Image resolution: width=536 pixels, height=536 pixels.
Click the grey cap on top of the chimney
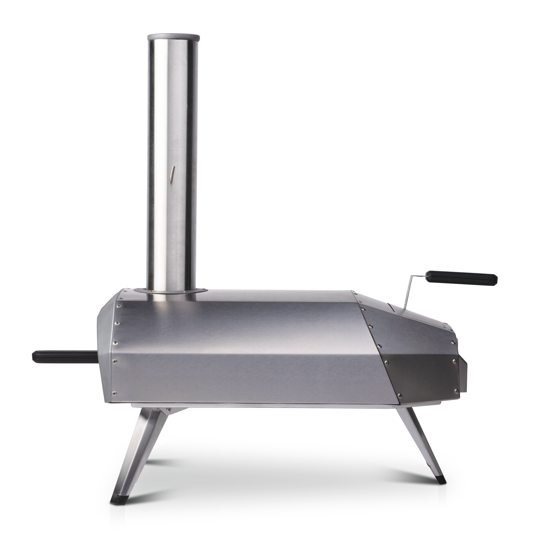pyautogui.click(x=174, y=38)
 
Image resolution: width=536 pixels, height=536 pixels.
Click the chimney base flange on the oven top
pyautogui.click(x=170, y=291)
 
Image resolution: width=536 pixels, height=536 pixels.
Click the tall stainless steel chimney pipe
pyautogui.click(x=173, y=166)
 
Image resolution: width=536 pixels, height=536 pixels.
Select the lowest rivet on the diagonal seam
pyautogui.click(x=399, y=394)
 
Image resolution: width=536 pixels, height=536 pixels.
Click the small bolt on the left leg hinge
pyautogui.click(x=168, y=409)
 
